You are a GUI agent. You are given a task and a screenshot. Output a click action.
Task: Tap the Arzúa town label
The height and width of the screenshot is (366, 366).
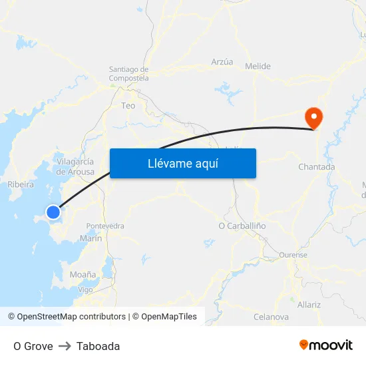pos(222,62)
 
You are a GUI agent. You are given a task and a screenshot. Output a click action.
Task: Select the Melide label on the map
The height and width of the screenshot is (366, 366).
pos(258,67)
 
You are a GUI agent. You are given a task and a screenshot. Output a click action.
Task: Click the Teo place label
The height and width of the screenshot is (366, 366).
pos(128,105)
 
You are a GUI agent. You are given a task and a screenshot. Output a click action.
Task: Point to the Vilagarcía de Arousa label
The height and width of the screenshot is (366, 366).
pos(75,166)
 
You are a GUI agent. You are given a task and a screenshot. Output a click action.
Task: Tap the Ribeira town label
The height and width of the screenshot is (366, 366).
pos(20,185)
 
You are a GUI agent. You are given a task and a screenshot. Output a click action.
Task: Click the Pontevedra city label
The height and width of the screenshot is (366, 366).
pos(105,226)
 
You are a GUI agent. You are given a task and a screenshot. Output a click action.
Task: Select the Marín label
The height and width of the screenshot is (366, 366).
pos(91,238)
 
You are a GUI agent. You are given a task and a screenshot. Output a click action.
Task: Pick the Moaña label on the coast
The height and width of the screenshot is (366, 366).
pos(83,274)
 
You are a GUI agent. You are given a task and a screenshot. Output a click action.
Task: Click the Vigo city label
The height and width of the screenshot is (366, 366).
pos(85,289)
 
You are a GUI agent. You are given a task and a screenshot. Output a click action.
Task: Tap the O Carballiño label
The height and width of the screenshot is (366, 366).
pos(242,226)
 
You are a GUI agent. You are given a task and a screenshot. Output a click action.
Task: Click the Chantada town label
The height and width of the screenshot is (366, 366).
pos(317,167)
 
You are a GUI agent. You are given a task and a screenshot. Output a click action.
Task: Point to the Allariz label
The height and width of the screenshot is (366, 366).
pos(309,305)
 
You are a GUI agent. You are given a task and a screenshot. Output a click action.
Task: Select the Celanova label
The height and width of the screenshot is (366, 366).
pos(271,317)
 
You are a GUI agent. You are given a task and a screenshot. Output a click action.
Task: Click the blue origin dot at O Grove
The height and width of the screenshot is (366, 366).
pos(53,212)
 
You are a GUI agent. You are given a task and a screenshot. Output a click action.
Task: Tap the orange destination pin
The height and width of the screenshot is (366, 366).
pos(313,118)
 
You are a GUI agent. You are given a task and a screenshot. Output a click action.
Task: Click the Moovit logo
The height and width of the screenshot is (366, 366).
pos(326,345)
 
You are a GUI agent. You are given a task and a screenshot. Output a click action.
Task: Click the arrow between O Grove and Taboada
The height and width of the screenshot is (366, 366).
pos(65,346)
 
